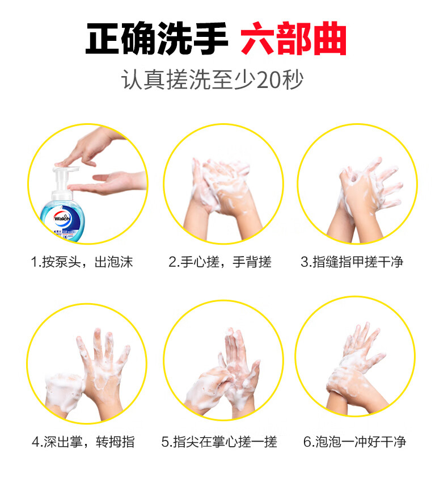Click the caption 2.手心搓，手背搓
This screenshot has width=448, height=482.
tap(220, 262)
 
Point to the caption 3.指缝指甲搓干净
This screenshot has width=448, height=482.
tap(352, 262)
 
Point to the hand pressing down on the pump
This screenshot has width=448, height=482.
tap(91, 148)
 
